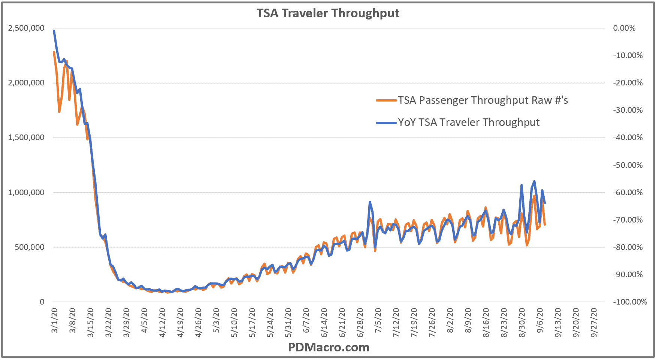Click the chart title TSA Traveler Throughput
pos(328,13)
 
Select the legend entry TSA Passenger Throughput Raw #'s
pos(483,100)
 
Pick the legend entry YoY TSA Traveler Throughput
pos(469,122)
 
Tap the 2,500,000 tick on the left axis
pos(26,28)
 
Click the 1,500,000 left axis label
pos(26,137)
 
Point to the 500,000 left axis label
pos(29,247)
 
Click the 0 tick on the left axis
pos(42,302)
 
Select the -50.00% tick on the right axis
pos(628,165)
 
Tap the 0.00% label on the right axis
pos(624,28)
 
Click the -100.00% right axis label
pos(630,302)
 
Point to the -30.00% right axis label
pos(628,110)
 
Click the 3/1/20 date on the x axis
pos(54,320)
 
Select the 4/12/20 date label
pos(162,323)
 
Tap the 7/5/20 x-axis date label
pos(378,320)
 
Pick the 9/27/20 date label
pos(594,323)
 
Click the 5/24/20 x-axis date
pos(270,323)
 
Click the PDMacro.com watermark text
pos(329,348)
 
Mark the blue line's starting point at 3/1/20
pos(54,31)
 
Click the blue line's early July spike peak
pos(370,202)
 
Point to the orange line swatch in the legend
pos(386,100)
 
